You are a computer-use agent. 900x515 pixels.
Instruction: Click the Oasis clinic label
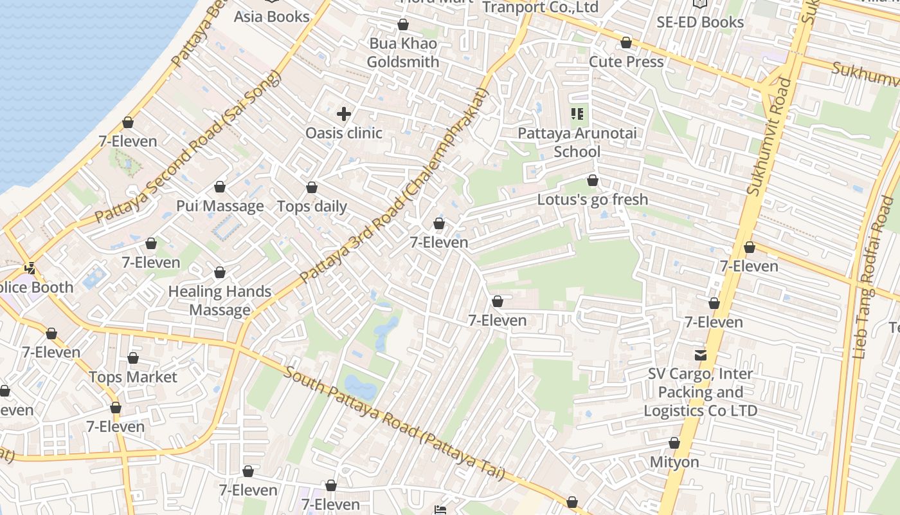pyautogui.click(x=344, y=133)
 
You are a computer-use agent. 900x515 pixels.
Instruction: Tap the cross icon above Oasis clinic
pyautogui.click(x=344, y=115)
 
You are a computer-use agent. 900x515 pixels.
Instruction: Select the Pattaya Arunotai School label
pyautogui.click(x=577, y=142)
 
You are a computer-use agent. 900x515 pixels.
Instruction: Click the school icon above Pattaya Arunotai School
pyautogui.click(x=577, y=115)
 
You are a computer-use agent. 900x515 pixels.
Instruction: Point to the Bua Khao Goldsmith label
pyautogui.click(x=403, y=53)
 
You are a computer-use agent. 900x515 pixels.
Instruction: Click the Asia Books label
pyautogui.click(x=271, y=17)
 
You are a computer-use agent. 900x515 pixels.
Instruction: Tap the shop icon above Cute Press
pyautogui.click(x=626, y=43)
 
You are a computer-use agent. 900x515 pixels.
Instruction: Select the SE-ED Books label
pyautogui.click(x=700, y=22)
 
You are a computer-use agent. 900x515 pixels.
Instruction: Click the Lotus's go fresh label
pyautogui.click(x=593, y=200)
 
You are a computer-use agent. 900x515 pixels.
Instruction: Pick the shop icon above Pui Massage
pyautogui.click(x=220, y=187)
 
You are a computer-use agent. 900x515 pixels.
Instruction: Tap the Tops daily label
pyautogui.click(x=312, y=207)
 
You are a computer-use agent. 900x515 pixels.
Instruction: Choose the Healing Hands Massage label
pyautogui.click(x=220, y=301)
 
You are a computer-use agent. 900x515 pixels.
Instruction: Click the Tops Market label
pyautogui.click(x=133, y=377)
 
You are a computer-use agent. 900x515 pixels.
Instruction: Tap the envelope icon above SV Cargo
pyautogui.click(x=700, y=355)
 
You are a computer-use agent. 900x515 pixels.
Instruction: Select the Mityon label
pyautogui.click(x=674, y=462)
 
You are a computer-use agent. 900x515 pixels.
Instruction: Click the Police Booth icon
pyautogui.click(x=30, y=268)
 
